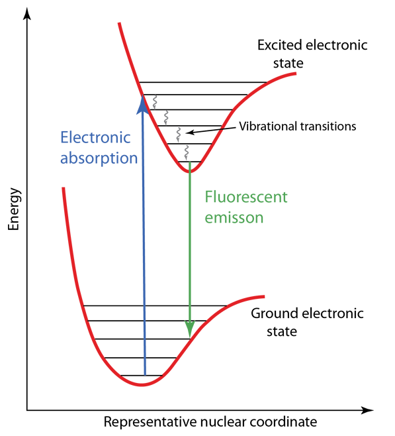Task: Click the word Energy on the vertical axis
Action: pyautogui.click(x=14, y=209)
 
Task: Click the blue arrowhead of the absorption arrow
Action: pyautogui.click(x=143, y=105)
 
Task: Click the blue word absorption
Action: pyautogui.click(x=99, y=158)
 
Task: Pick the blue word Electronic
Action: pyautogui.click(x=95, y=137)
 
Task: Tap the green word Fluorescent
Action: pyautogui.click(x=246, y=197)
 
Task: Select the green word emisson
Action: pyautogui.click(x=234, y=217)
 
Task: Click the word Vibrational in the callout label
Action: pyautogui.click(x=267, y=127)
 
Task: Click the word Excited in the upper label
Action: pyautogui.click(x=279, y=45)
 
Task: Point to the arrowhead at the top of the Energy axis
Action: pyautogui.click(x=27, y=13)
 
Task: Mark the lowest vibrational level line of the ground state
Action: pyautogui.click(x=142, y=376)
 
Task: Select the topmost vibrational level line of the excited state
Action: pyautogui.click(x=203, y=82)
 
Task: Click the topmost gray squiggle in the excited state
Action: pyautogui.click(x=155, y=102)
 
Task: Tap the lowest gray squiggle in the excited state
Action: pyautogui.click(x=187, y=152)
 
